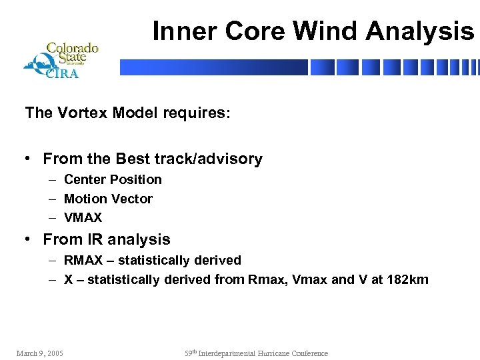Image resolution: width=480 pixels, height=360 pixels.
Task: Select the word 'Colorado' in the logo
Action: click(x=72, y=48)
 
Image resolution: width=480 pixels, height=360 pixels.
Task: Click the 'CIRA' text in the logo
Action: click(x=62, y=73)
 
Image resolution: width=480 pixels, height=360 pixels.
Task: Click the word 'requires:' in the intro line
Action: click(x=199, y=113)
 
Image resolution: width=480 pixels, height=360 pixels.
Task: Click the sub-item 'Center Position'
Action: click(x=113, y=179)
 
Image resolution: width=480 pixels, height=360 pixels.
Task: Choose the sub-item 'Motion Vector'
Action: click(x=108, y=199)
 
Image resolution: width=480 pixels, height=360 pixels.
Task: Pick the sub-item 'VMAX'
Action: click(x=83, y=218)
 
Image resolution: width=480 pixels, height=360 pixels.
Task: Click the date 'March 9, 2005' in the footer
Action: click(x=39, y=353)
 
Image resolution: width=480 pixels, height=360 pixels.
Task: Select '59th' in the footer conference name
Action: click(x=192, y=353)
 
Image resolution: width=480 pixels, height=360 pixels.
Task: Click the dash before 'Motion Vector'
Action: click(x=51, y=199)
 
